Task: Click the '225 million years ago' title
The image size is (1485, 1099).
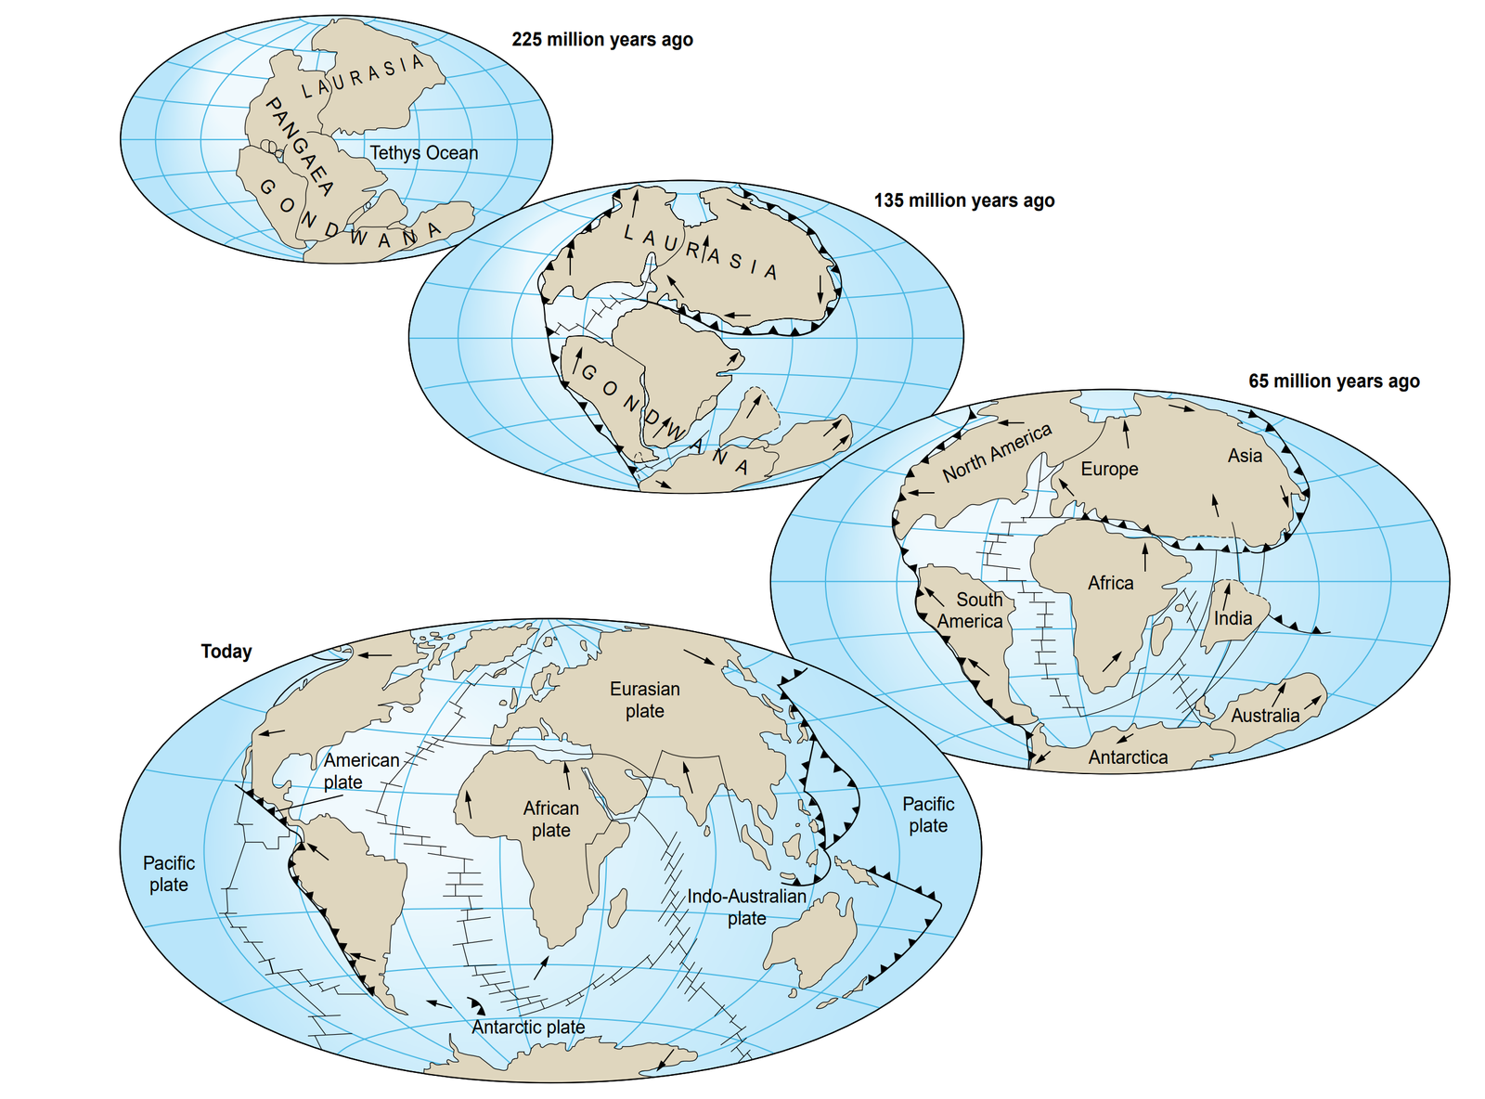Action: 602,40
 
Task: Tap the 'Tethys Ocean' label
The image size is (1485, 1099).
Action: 424,153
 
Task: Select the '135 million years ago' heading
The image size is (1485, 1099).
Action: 963,200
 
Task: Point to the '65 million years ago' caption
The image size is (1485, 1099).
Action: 1333,381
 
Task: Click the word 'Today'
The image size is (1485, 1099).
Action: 226,652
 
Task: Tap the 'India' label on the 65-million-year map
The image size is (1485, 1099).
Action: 1233,618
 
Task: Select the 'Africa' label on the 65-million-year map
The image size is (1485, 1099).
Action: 1110,583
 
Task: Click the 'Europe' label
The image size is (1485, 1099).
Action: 1109,469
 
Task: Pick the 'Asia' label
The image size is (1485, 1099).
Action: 1245,456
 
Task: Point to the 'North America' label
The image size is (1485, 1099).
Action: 997,452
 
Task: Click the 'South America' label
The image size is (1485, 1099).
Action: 971,611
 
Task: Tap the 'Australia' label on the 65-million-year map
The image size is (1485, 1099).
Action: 1265,716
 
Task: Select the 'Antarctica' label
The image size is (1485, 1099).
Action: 1128,757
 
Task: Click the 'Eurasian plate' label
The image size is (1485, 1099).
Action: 644,700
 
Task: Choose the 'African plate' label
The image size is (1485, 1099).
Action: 550,819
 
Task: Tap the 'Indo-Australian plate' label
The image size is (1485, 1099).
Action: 746,907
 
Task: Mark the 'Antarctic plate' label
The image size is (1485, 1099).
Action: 528,1027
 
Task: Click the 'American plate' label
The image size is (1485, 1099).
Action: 360,770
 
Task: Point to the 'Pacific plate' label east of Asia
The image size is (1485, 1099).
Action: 928,814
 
